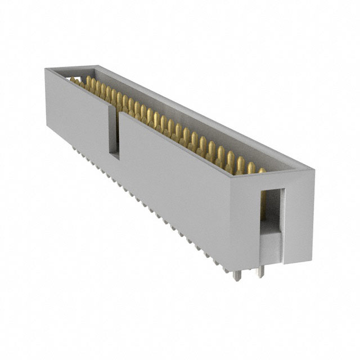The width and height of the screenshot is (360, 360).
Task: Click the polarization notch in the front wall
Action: click(114, 132)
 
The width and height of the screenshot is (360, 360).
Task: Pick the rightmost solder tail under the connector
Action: click(259, 273)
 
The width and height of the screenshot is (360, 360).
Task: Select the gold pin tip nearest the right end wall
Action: click(262, 170)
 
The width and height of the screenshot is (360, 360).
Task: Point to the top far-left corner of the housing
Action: click(46, 69)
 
